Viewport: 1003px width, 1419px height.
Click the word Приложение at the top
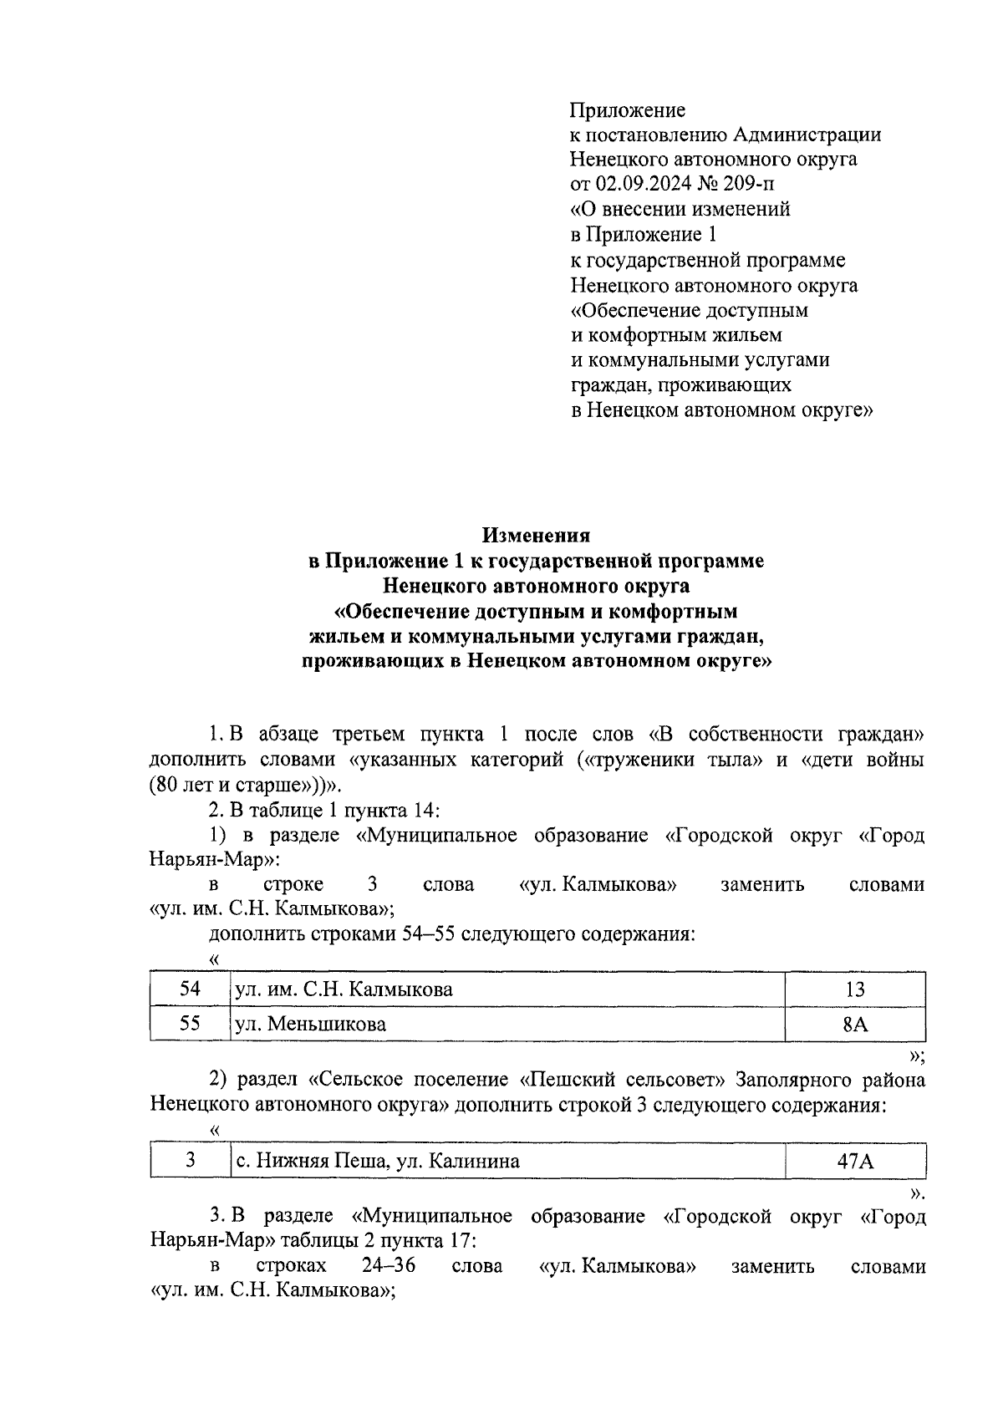pyautogui.click(x=627, y=110)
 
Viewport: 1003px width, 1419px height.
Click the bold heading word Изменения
pyautogui.click(x=536, y=535)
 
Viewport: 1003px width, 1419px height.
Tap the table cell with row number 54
pyautogui.click(x=190, y=989)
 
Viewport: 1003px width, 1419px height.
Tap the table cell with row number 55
pyautogui.click(x=190, y=1024)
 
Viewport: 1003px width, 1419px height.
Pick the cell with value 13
pyautogui.click(x=854, y=989)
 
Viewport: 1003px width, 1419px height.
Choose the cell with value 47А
pyautogui.click(x=854, y=1161)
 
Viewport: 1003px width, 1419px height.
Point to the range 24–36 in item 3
pyautogui.click(x=389, y=1265)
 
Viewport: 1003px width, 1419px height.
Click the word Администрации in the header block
pyautogui.click(x=807, y=135)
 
